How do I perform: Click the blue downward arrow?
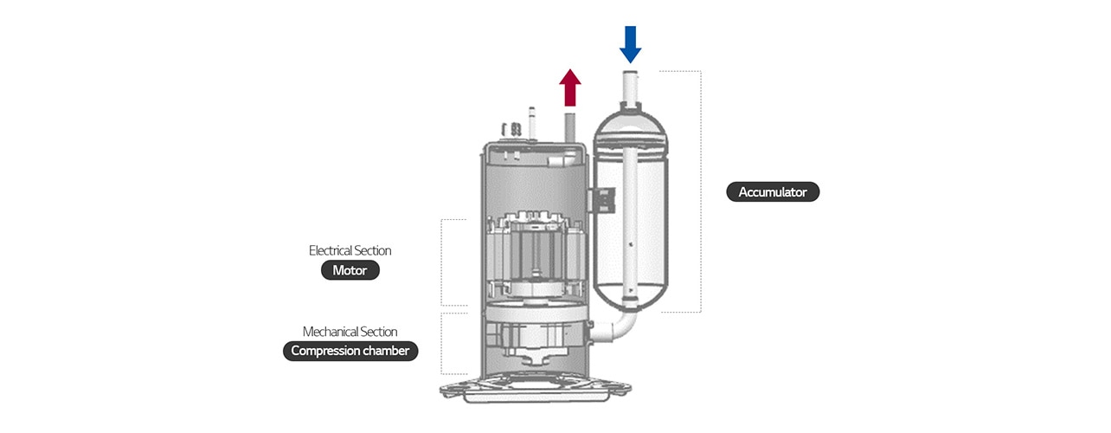pos(631,43)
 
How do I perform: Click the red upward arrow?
pos(569,88)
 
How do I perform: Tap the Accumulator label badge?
pos(773,192)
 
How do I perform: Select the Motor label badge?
pos(350,271)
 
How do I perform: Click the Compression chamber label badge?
pos(350,351)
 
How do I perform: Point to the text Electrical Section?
pos(350,250)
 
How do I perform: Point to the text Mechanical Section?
pos(350,332)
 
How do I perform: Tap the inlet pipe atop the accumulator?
pos(631,87)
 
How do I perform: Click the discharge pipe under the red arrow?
pos(570,122)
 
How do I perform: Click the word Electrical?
pos(330,250)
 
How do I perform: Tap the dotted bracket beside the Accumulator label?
pos(698,191)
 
